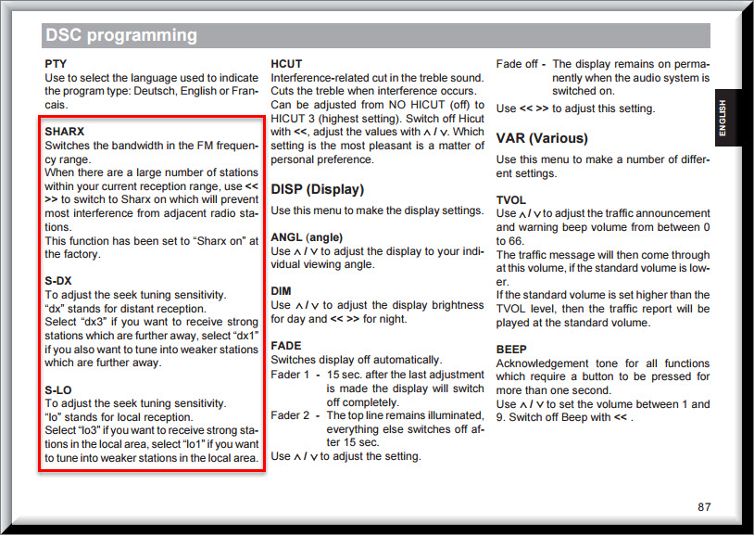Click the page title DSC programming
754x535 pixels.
121,35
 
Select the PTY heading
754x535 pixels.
56,64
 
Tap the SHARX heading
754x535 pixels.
65,132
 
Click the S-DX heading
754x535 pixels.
58,281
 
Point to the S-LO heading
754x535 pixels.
58,390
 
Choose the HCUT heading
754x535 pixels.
286,64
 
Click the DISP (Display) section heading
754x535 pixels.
318,189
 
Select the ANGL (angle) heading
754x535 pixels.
307,237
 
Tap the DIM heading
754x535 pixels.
281,291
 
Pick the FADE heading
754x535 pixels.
286,346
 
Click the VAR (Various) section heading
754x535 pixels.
542,139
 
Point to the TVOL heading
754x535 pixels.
511,200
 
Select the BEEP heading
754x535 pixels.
511,350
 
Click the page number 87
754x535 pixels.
704,506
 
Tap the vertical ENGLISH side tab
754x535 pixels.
722,118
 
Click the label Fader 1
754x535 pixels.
290,375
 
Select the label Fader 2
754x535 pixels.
290,415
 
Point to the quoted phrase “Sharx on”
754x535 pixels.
221,241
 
